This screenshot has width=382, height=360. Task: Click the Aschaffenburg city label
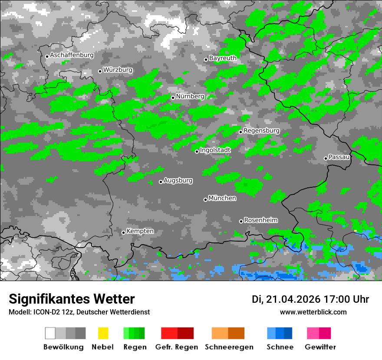(x=72, y=56)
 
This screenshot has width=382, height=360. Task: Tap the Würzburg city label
(x=118, y=70)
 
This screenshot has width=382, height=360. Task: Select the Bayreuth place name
(x=223, y=58)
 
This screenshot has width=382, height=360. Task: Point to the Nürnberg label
(x=190, y=96)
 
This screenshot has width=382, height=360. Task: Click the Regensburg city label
(x=261, y=131)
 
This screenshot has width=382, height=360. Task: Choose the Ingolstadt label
(x=215, y=150)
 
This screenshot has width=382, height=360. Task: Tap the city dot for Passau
(x=326, y=158)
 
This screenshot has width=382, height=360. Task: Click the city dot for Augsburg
(x=161, y=182)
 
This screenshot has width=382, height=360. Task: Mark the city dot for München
(x=205, y=200)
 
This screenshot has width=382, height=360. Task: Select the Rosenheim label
(x=260, y=220)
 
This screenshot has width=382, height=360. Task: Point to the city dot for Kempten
(x=123, y=232)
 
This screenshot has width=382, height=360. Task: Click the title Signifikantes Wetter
(x=72, y=299)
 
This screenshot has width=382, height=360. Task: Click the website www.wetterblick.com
(x=313, y=312)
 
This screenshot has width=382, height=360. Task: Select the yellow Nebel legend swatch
(x=103, y=333)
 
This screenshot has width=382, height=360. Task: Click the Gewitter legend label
(x=320, y=347)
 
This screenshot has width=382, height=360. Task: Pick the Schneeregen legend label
(x=229, y=347)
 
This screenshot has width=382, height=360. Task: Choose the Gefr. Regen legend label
(x=177, y=347)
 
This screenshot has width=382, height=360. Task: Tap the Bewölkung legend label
(x=63, y=347)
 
